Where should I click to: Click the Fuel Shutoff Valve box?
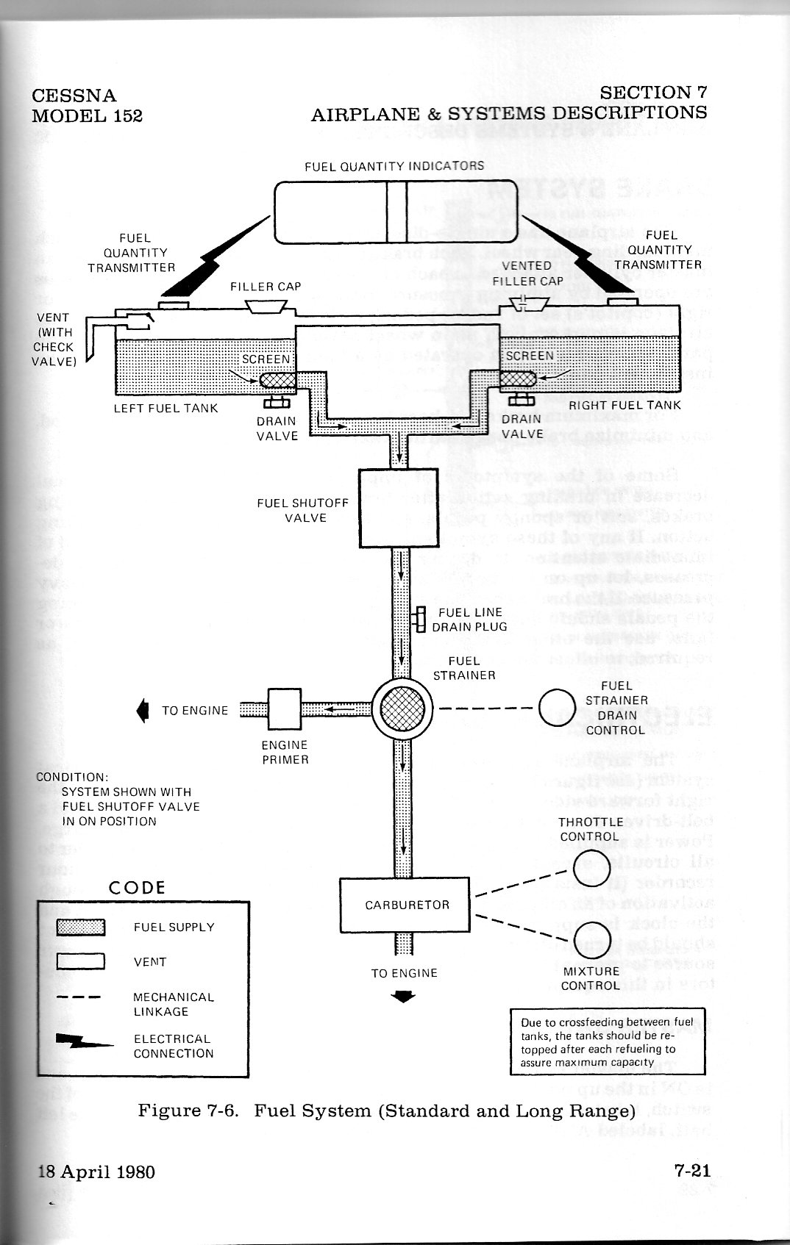[x=398, y=508]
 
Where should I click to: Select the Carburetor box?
[x=404, y=905]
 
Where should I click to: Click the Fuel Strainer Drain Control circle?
[x=557, y=708]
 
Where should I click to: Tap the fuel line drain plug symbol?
[x=420, y=620]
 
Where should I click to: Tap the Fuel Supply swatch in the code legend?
[x=81, y=928]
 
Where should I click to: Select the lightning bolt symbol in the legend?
[x=84, y=1043]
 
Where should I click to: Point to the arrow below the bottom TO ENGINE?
[x=404, y=997]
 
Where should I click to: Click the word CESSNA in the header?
[x=74, y=96]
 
